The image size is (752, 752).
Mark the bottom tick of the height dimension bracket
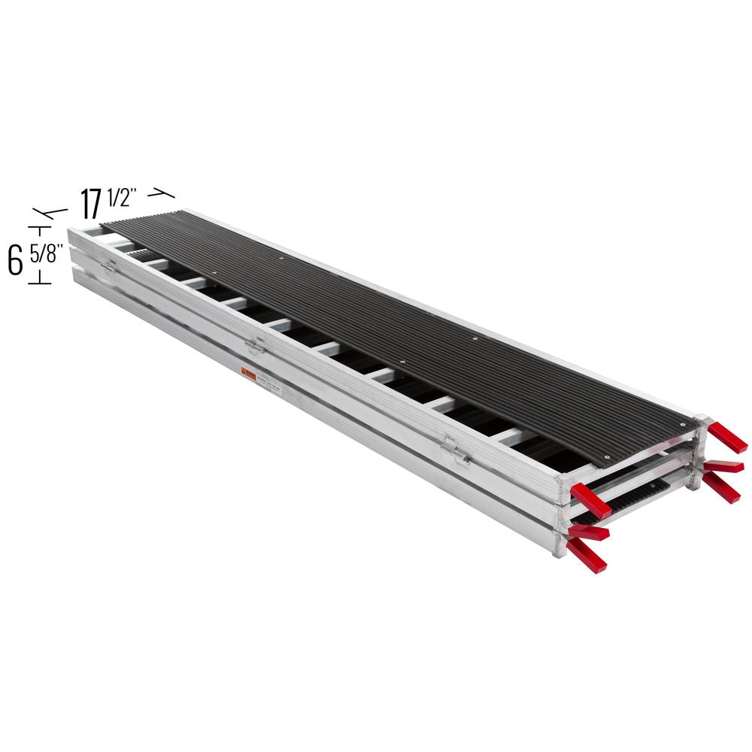click(x=39, y=282)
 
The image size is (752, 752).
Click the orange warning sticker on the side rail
click(x=247, y=373)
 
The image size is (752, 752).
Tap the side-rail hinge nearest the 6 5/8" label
click(x=108, y=266)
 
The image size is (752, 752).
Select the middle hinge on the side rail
click(x=255, y=344)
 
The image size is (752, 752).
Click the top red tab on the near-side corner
click(x=591, y=501)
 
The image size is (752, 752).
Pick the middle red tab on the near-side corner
click(x=588, y=533)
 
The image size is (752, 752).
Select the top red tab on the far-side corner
click(x=727, y=438)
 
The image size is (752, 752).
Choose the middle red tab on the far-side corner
click(x=723, y=467)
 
